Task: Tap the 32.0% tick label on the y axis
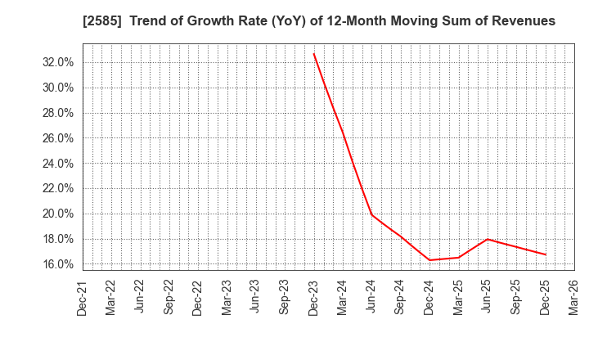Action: (57, 62)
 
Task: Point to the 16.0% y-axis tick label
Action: (57, 264)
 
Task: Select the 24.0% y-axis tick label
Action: (57, 164)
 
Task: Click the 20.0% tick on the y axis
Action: (57, 214)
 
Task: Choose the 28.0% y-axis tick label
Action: (57, 113)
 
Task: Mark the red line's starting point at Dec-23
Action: (313, 53)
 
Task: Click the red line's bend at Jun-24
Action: (371, 214)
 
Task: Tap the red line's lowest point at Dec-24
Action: (429, 260)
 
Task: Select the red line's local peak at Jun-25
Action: (488, 239)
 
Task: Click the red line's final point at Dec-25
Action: (546, 254)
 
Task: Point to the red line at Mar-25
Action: (458, 258)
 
